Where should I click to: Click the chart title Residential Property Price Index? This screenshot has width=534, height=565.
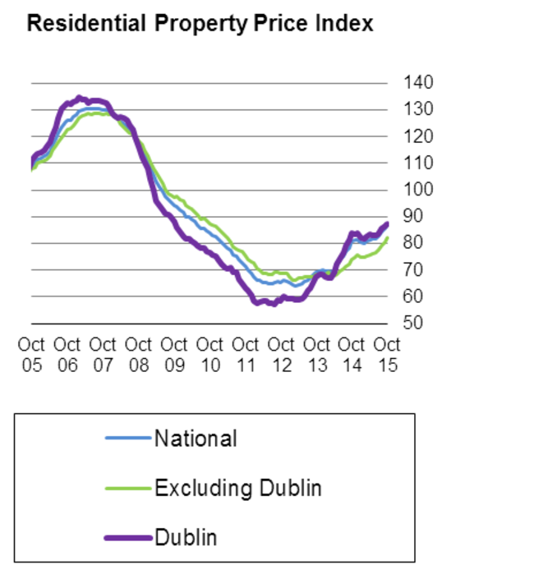tap(200, 24)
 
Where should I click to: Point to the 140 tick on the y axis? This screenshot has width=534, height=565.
tap(418, 82)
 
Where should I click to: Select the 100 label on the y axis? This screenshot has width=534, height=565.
tap(418, 189)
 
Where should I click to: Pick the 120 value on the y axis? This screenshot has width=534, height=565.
tap(418, 136)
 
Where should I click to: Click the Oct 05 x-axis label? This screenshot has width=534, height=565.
tap(31, 354)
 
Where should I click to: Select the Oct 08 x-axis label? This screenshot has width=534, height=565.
tap(138, 354)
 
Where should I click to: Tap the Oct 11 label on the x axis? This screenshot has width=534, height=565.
tap(245, 354)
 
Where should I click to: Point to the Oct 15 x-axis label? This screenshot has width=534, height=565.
tap(386, 354)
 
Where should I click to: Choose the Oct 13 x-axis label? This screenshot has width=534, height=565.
tap(315, 354)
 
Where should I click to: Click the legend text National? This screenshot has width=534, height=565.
tap(196, 439)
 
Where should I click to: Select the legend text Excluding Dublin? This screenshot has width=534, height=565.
tap(238, 489)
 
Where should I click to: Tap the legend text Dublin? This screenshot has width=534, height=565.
tap(186, 538)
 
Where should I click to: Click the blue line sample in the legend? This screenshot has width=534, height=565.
tap(128, 439)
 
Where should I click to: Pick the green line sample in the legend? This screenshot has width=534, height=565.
tap(128, 489)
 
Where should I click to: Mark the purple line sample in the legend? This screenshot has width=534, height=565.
tap(128, 538)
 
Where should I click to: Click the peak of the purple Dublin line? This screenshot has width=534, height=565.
tap(79, 97)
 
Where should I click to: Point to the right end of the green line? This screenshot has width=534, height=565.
tap(387, 238)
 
